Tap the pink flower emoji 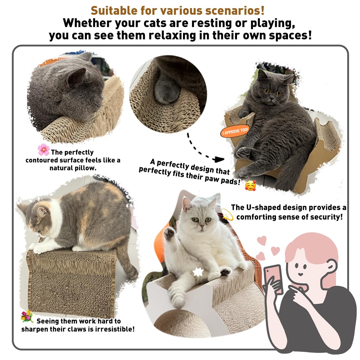(x=43, y=149)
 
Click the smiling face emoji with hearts (x=250, y=186)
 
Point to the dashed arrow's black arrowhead (x=219, y=159)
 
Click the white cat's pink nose (x=202, y=226)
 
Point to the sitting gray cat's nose (x=272, y=98)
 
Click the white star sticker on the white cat (x=198, y=272)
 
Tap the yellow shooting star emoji (x=227, y=214)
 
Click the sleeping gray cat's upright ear (x=76, y=78)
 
